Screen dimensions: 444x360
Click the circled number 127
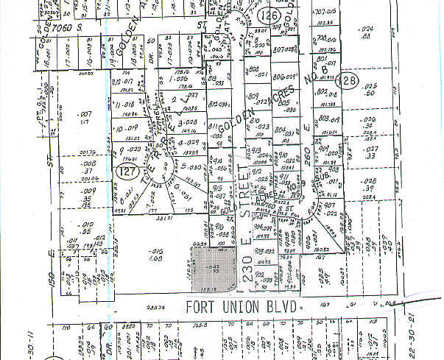click(125, 171)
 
